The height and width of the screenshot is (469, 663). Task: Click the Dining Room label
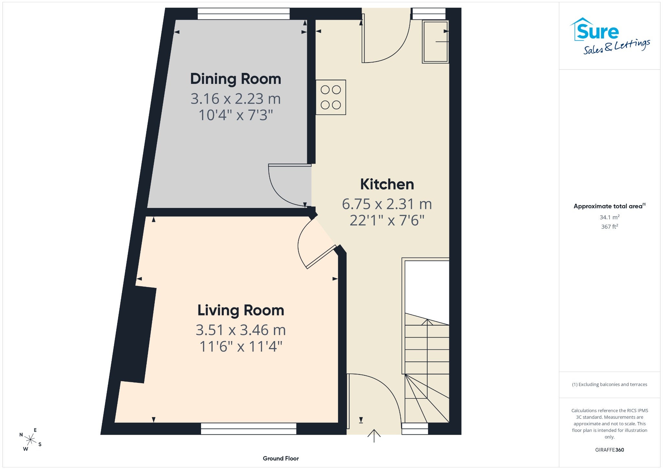tap(236, 79)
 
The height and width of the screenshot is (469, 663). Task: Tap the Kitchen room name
tap(387, 184)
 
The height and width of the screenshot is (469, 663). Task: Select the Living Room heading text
tap(241, 310)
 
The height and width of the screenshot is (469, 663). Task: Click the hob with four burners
tap(331, 97)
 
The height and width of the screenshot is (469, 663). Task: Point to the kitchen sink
tap(435, 41)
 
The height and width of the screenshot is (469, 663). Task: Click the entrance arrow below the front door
tap(374, 436)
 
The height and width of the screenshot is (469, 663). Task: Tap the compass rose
tap(30, 440)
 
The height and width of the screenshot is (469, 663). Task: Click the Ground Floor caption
tap(281, 458)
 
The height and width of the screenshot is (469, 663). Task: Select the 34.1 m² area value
tap(610, 217)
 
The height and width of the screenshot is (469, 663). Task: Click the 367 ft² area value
tap(610, 226)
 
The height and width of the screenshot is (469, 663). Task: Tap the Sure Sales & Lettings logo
tap(610, 36)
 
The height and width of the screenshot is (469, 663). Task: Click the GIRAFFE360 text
tap(610, 450)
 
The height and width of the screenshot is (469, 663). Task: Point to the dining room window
tap(243, 14)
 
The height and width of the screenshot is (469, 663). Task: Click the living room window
tap(249, 429)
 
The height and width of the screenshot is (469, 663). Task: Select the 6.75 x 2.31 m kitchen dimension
tap(387, 204)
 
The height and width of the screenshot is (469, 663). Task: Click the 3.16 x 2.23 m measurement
tap(236, 99)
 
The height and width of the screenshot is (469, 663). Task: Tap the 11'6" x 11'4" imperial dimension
tap(241, 347)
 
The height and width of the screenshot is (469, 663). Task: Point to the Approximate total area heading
tap(610, 206)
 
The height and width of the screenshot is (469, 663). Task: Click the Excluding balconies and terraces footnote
tap(610, 384)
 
